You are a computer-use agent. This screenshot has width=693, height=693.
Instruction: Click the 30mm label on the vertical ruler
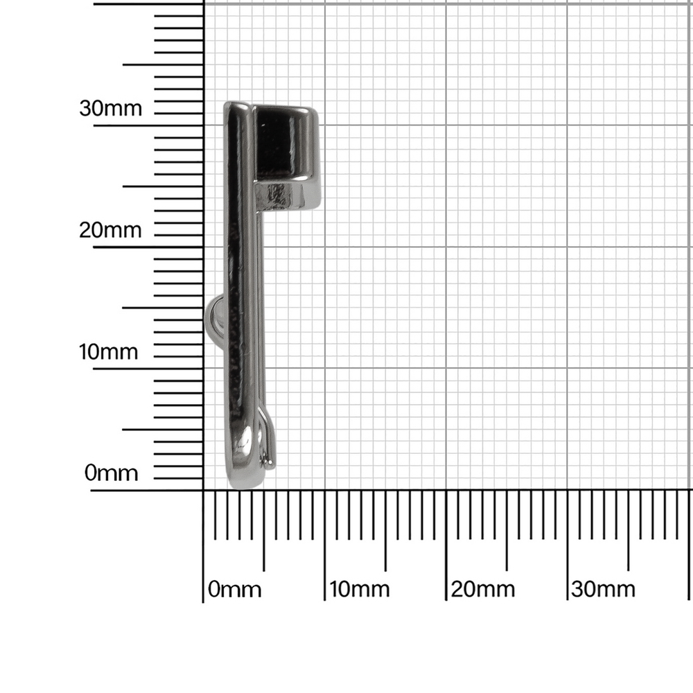click(x=110, y=108)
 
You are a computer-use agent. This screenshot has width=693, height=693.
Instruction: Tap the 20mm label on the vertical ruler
click(x=110, y=230)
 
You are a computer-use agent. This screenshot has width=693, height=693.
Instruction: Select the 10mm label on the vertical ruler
click(x=109, y=352)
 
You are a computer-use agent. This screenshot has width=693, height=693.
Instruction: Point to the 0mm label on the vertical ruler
click(x=112, y=473)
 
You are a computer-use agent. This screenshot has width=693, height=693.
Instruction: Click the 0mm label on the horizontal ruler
click(x=235, y=589)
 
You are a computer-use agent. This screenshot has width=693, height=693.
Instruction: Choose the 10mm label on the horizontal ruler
click(x=360, y=589)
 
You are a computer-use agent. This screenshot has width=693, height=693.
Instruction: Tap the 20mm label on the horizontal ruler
click(x=483, y=589)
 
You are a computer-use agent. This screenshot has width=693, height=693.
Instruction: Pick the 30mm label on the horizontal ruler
click(x=604, y=589)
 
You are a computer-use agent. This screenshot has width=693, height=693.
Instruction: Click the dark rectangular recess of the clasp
click(x=273, y=143)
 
